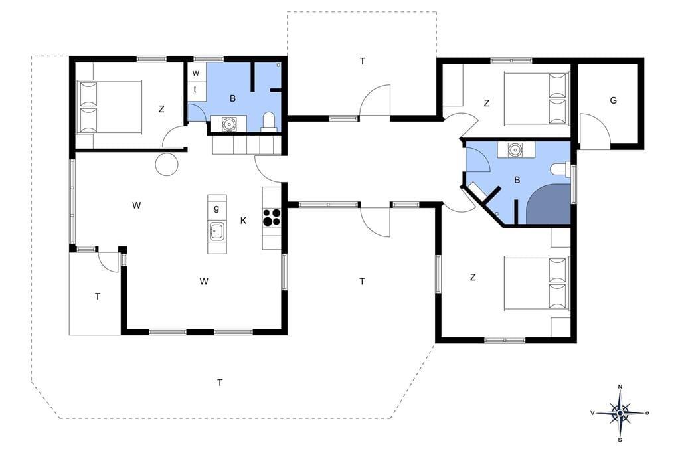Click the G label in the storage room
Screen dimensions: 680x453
(x=613, y=101)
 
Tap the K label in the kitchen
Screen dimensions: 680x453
(x=243, y=221)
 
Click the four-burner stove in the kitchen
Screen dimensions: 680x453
(x=272, y=217)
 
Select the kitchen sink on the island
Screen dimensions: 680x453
(x=216, y=231)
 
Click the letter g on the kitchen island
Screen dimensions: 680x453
(x=216, y=209)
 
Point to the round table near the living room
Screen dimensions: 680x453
(x=167, y=165)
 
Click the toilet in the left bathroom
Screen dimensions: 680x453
(x=270, y=122)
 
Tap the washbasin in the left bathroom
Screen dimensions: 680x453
(x=228, y=124)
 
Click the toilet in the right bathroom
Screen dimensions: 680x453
(x=560, y=169)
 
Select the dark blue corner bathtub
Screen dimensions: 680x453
(x=549, y=204)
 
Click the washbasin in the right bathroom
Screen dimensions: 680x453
(x=515, y=150)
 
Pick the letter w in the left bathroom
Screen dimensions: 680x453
(x=196, y=73)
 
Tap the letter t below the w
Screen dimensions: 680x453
(x=195, y=90)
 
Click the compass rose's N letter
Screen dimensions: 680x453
(x=620, y=387)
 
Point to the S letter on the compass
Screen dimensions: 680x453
(x=620, y=440)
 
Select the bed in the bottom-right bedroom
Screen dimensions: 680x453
(x=537, y=284)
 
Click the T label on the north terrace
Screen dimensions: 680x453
(x=363, y=61)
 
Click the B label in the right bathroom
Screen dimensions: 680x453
(x=517, y=180)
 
